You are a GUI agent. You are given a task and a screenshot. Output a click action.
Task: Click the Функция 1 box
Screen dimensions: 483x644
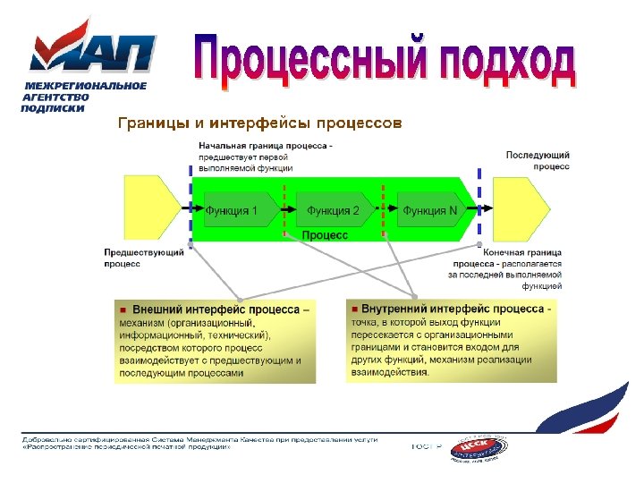pyautogui.click(x=234, y=211)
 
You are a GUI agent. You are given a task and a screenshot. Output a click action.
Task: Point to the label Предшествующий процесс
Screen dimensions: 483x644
pyautogui.click(x=144, y=258)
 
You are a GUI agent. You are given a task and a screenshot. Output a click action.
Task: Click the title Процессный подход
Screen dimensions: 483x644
pyautogui.click(x=385, y=63)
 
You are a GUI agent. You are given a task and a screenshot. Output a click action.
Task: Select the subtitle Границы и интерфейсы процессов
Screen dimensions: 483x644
pyautogui.click(x=260, y=122)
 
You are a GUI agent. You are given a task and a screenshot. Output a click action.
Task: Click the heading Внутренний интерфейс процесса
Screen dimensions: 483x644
pyautogui.click(x=452, y=309)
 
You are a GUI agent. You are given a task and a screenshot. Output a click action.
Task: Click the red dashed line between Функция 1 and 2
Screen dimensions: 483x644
pyautogui.click(x=284, y=211)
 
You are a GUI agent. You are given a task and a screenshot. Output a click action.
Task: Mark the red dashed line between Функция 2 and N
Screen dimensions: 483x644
pyautogui.click(x=384, y=211)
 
